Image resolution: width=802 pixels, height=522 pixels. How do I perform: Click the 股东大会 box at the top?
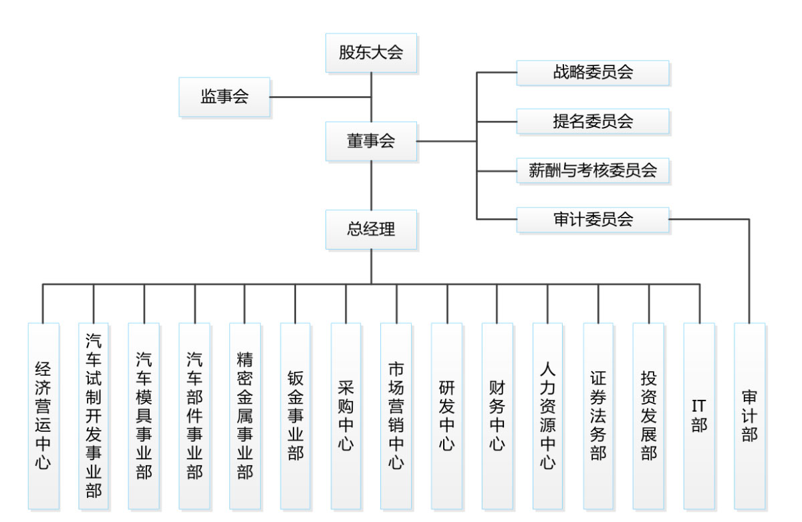pyautogui.click(x=371, y=53)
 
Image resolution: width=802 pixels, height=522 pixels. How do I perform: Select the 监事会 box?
pyautogui.click(x=225, y=97)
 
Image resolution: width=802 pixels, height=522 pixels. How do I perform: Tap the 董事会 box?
pyautogui.click(x=371, y=141)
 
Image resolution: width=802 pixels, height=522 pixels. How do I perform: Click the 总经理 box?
pyautogui.click(x=371, y=230)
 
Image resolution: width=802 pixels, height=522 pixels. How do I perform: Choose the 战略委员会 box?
pyautogui.click(x=592, y=73)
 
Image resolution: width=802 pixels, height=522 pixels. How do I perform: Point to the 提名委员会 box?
pyautogui.click(x=592, y=121)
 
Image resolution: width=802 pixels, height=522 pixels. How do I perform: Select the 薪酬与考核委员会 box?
pyautogui.click(x=592, y=170)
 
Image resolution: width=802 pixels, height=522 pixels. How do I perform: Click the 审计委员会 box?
pyautogui.click(x=592, y=220)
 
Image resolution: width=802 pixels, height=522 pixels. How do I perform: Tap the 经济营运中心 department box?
pyautogui.click(x=43, y=416)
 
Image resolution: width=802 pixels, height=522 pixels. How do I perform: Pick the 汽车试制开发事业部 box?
pyautogui.click(x=94, y=416)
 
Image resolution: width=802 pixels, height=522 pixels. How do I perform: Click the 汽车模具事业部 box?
pyautogui.click(x=144, y=416)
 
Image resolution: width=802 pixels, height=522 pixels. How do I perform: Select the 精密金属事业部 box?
pyautogui.click(x=245, y=416)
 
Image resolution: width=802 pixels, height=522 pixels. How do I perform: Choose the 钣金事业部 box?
pyautogui.click(x=295, y=416)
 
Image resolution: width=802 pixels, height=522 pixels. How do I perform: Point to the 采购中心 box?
pyautogui.click(x=346, y=416)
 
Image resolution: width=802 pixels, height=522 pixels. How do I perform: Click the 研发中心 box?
pyautogui.click(x=446, y=416)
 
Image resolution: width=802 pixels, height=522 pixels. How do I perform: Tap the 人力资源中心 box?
pyautogui.click(x=548, y=416)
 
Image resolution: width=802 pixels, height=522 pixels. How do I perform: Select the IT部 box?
pyautogui.click(x=699, y=416)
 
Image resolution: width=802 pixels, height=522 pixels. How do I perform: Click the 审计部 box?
pyautogui.click(x=750, y=416)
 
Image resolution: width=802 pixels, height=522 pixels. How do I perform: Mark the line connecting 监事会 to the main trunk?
pyautogui.click(x=321, y=97)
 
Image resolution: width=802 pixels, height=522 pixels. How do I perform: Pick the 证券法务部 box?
pyautogui.click(x=598, y=416)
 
